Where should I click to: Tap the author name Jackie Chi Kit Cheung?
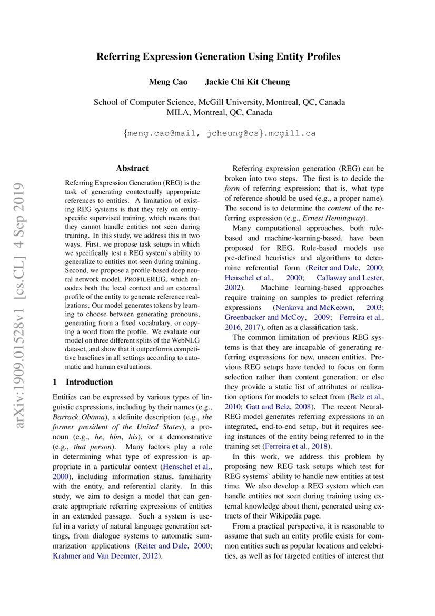[247, 82]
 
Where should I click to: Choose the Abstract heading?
[132, 169]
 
